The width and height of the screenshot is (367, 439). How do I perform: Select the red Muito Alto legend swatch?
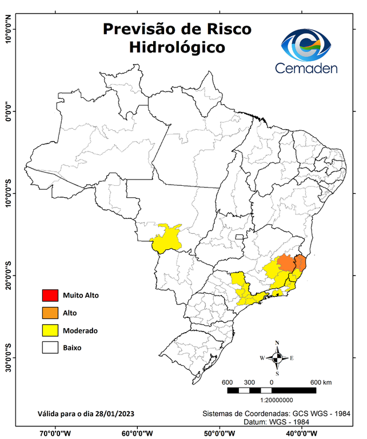point(50,296)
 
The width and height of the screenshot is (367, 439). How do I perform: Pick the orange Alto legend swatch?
point(50,313)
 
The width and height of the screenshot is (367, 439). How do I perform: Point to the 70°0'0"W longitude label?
point(55,433)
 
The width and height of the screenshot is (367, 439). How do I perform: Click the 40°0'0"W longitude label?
point(301,433)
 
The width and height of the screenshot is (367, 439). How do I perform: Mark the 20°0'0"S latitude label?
point(8,275)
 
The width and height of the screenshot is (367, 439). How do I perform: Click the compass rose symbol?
point(277,358)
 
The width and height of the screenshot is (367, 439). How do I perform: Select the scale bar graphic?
point(272,390)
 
